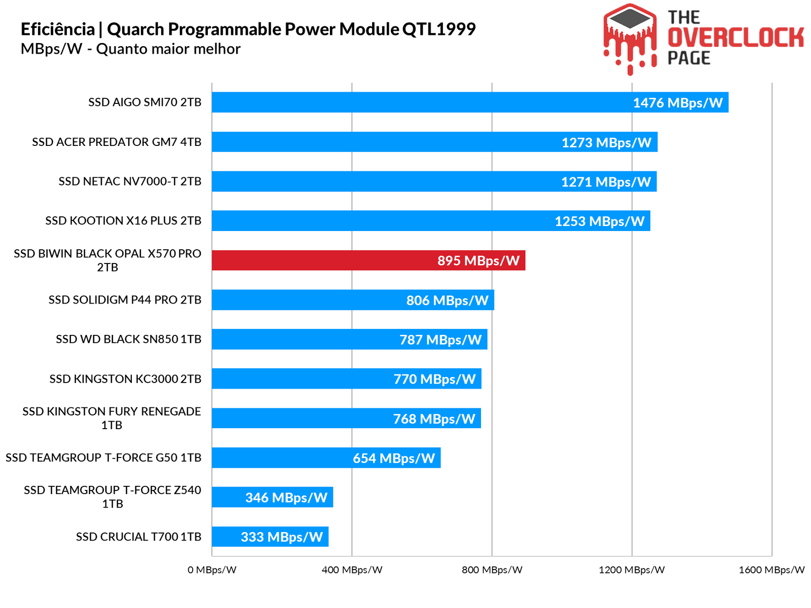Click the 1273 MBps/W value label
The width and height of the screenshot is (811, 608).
pos(606,142)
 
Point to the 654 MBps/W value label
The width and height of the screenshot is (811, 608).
pos(394,458)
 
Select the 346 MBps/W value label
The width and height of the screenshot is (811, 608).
pos(286,498)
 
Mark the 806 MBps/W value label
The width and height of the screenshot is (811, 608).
pos(447,300)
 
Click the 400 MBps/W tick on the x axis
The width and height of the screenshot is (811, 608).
pos(352,570)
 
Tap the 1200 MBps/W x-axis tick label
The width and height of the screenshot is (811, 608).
pos(632,570)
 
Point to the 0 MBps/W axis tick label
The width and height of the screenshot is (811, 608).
pos(212,570)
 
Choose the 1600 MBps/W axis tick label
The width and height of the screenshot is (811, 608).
pos(771,570)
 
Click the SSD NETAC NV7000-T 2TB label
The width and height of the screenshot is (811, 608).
pos(130,181)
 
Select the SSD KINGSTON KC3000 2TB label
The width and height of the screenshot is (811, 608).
pos(125,379)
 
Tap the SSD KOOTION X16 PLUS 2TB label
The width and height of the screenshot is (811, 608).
pos(123,221)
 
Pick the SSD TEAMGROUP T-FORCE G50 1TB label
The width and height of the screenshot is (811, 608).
pos(103,458)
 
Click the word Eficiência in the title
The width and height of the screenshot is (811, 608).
pos(58,29)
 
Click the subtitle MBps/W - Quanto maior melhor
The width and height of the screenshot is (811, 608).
pos(130,49)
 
